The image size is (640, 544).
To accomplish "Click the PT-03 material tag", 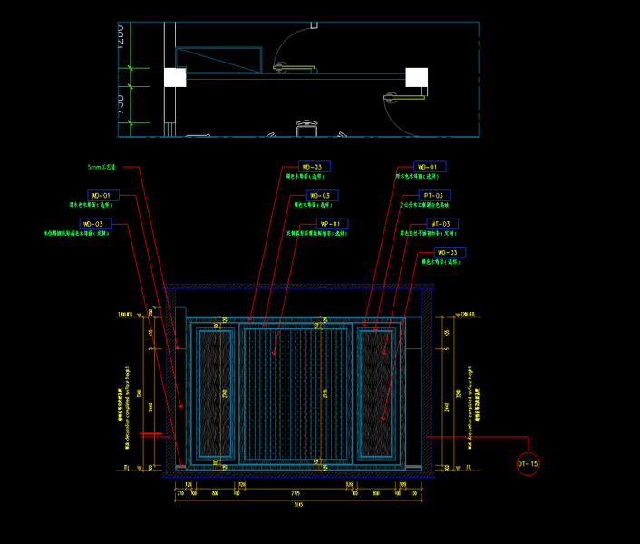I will tap(433, 195).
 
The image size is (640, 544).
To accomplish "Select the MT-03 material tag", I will tap(441, 223).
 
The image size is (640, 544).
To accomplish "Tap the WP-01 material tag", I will tap(331, 223).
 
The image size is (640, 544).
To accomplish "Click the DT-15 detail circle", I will tap(528, 464).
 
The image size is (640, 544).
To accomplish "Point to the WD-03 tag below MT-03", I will tap(449, 252).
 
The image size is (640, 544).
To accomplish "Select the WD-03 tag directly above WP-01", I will tap(321, 195).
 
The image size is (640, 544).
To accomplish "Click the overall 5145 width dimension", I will tap(297, 504).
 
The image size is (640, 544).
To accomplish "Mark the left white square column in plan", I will tap(175, 77).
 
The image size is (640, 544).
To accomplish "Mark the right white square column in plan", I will tap(416, 77).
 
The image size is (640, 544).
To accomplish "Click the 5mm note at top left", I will tap(102, 168).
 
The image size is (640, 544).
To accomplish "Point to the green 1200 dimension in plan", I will tap(120, 36).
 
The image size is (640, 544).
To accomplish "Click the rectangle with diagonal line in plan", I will tap(218, 60).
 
